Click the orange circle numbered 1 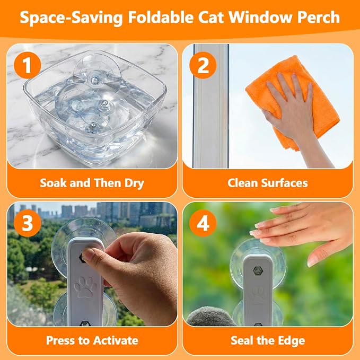tap(28, 65)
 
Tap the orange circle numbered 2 tap(203, 65)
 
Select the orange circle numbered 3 tap(28, 223)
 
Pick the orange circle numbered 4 tap(203, 223)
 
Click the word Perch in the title tap(319, 17)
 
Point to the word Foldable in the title tap(161, 17)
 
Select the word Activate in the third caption tap(115, 340)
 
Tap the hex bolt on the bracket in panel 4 tap(258, 271)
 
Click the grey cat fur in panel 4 tap(210, 317)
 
